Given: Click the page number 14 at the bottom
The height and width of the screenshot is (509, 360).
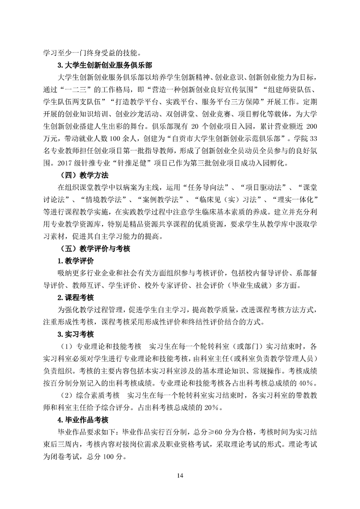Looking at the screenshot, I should coord(180,475).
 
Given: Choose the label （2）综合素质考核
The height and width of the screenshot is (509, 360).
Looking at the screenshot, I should coord(90,395).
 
